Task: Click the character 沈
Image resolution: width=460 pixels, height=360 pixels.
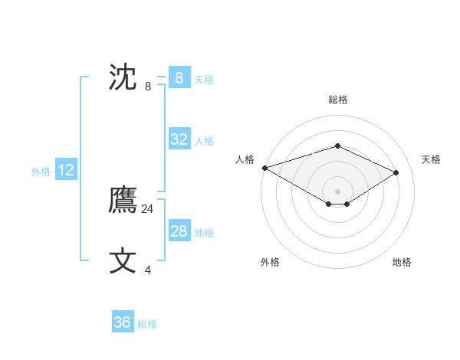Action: pyautogui.click(x=123, y=77)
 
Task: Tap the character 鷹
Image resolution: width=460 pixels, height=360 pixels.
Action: pyautogui.click(x=123, y=201)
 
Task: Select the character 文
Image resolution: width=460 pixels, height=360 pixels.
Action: pyautogui.click(x=123, y=261)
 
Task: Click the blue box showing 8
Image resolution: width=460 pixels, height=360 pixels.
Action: pyautogui.click(x=179, y=77)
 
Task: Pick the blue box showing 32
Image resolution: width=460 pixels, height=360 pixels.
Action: pyautogui.click(x=179, y=139)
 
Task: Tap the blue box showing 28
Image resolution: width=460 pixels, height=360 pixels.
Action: pyautogui.click(x=179, y=231)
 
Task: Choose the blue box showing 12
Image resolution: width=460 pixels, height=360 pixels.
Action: pyautogui.click(x=65, y=170)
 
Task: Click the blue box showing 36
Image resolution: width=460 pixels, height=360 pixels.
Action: pyautogui.click(x=122, y=322)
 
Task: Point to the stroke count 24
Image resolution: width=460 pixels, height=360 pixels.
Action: pyautogui.click(x=147, y=208)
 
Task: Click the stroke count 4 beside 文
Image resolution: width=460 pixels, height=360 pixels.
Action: pyautogui.click(x=148, y=270)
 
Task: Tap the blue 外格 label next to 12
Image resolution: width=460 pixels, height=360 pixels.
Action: pyautogui.click(x=41, y=172)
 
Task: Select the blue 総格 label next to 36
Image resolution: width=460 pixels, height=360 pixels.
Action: pyautogui.click(x=147, y=324)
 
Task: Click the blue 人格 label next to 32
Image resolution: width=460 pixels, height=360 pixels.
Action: pyautogui.click(x=204, y=141)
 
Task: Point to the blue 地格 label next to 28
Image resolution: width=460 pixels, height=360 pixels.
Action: pyautogui.click(x=204, y=233)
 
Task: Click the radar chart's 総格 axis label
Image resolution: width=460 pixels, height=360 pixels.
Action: pyautogui.click(x=337, y=100)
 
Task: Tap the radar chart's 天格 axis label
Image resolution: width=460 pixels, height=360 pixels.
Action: pyautogui.click(x=431, y=159)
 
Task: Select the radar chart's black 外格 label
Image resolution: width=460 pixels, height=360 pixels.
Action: pyautogui.click(x=270, y=262)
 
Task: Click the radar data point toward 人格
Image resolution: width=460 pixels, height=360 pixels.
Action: pyautogui.click(x=264, y=167)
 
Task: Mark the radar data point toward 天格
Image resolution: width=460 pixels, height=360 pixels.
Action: pyautogui.click(x=396, y=172)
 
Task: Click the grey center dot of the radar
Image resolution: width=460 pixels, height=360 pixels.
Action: pyautogui.click(x=337, y=191)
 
